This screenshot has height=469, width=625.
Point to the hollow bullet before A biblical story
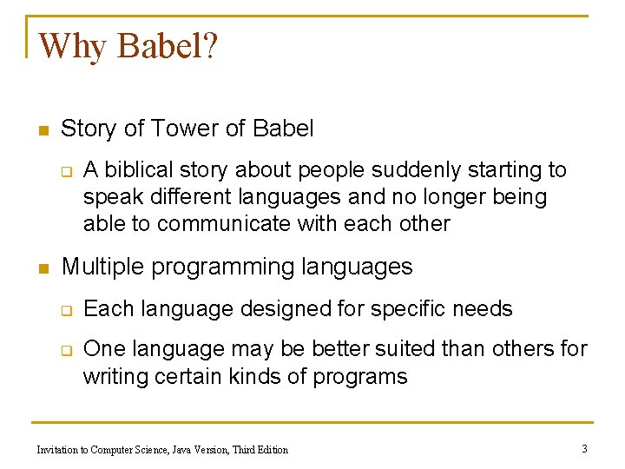tap(66, 170)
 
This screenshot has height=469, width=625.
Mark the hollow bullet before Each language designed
tap(66, 310)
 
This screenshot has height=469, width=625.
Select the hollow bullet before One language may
tap(66, 350)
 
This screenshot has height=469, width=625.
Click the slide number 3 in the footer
tap(584, 448)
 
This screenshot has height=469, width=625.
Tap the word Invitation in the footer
tap(57, 449)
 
